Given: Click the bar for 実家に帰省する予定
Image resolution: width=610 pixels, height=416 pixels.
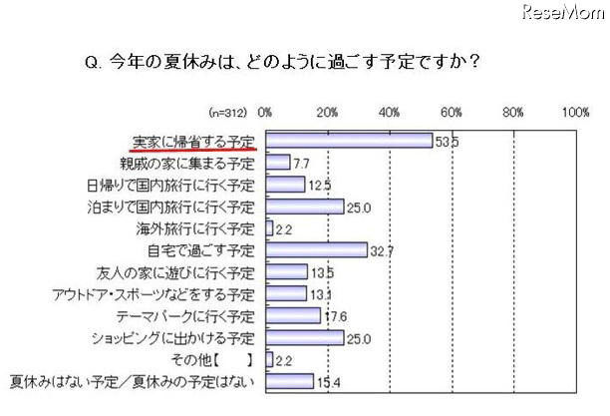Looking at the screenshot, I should click(349, 141).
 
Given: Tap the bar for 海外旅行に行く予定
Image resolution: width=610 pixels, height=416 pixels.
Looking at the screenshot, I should click(269, 227).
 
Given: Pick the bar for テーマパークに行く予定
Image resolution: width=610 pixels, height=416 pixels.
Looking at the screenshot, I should click(293, 315).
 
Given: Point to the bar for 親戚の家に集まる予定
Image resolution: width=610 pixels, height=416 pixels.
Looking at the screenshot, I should click(278, 163).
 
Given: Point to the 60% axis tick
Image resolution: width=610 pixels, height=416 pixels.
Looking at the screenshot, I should click(452, 113).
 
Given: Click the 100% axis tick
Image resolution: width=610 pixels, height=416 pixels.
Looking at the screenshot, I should click(576, 113).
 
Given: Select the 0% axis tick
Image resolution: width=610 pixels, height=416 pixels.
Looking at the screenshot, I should click(266, 113).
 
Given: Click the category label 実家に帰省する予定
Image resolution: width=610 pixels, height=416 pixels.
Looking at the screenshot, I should click(193, 141).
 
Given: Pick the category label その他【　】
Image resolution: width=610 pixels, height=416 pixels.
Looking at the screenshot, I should click(210, 359).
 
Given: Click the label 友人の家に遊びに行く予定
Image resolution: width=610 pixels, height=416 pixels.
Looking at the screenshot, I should click(183, 271).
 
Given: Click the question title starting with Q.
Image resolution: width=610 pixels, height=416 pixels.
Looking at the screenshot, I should click(278, 61).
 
